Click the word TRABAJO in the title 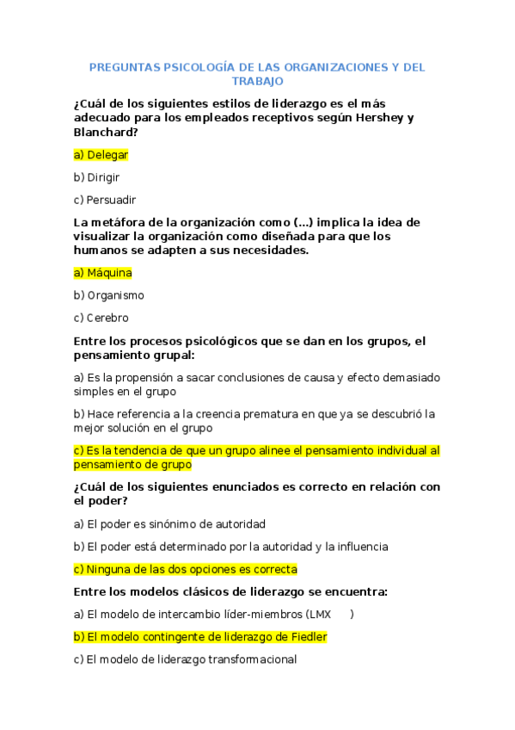(x=257, y=81)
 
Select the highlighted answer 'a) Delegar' (x=101, y=155)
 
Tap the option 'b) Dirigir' (x=96, y=177)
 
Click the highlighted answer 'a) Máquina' (x=103, y=273)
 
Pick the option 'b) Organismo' (x=109, y=295)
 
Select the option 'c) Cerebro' (x=101, y=318)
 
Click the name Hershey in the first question (x=379, y=118)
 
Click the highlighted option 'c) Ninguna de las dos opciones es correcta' (x=186, y=569)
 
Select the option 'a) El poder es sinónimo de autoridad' (x=169, y=523)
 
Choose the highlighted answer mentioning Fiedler (x=200, y=637)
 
